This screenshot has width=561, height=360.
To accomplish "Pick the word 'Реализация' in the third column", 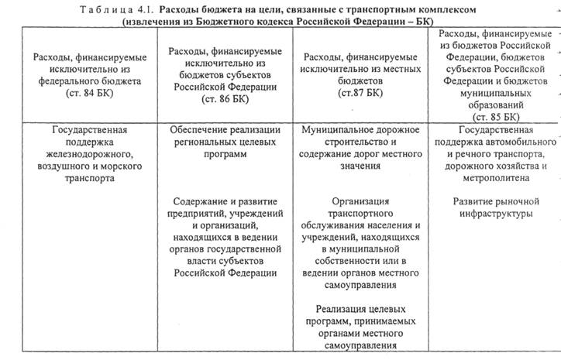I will (342, 309).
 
